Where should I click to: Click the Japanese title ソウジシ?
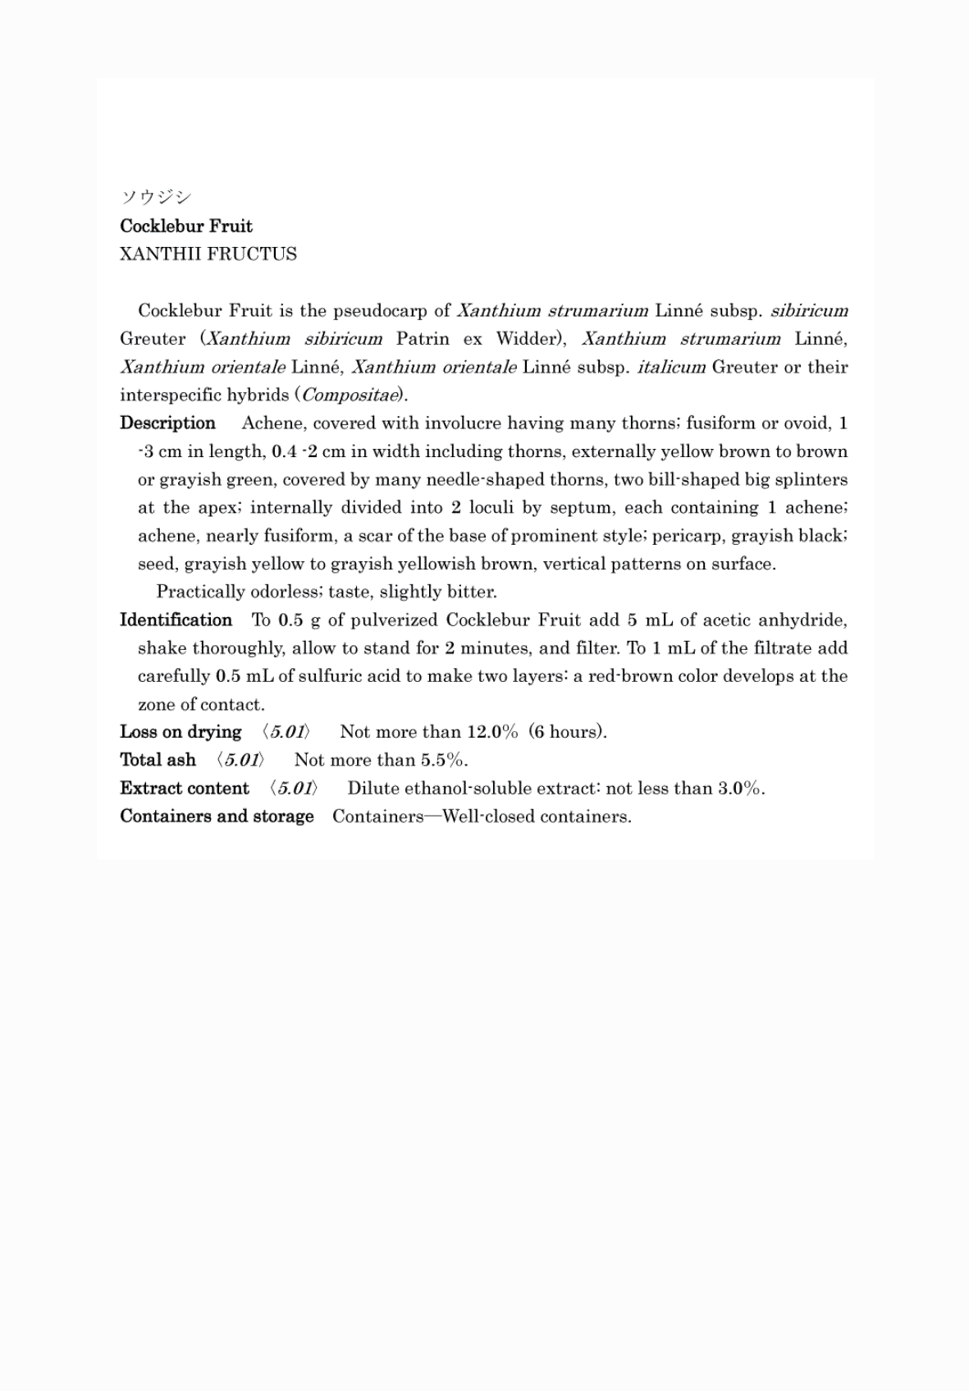point(156,197)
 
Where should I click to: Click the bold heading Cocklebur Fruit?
point(186,226)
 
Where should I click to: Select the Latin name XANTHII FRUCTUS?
point(208,254)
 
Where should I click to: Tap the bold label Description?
point(167,423)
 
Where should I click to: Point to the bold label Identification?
point(176,620)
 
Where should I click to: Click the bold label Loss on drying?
point(181,732)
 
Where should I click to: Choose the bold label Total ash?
point(158,760)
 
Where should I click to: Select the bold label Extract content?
point(185,789)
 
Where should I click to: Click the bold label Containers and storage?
point(217,817)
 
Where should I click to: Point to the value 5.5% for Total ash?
point(443,760)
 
